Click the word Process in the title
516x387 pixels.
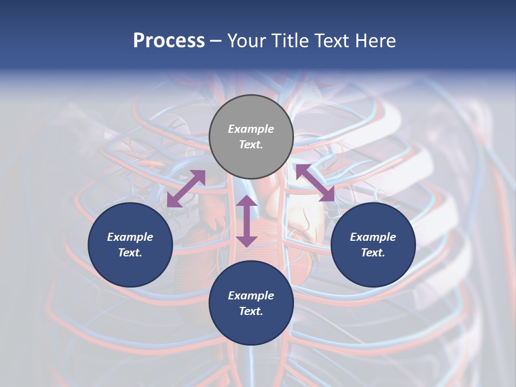[169, 41]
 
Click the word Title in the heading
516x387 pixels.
[291, 41]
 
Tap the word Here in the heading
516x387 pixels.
[375, 41]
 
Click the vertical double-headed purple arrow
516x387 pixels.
[247, 221]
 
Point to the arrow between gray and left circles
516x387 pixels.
[186, 188]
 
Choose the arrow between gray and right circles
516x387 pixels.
[315, 183]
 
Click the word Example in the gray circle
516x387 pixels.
[251, 129]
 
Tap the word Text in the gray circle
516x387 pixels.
[251, 145]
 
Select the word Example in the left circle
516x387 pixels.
[130, 237]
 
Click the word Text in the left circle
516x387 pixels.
[130, 253]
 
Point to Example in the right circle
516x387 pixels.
[373, 237]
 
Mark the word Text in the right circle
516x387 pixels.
[373, 253]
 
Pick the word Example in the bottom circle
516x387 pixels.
[251, 296]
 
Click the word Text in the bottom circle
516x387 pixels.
[251, 311]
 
